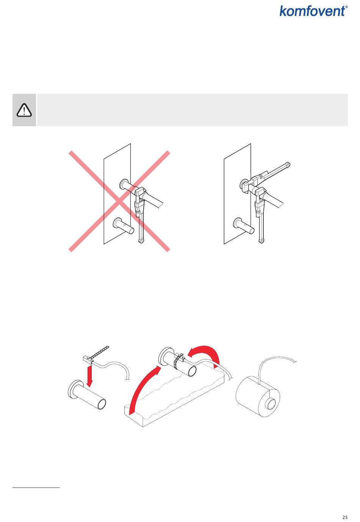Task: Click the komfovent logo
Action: click(x=314, y=11)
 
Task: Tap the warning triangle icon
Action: click(x=24, y=110)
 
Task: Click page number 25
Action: click(x=345, y=517)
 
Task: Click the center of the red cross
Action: click(x=119, y=201)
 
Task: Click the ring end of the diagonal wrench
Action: click(x=288, y=164)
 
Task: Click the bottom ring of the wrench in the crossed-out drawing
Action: click(x=141, y=241)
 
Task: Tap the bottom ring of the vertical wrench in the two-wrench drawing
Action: click(x=261, y=241)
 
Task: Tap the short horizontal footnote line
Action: click(x=36, y=487)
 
